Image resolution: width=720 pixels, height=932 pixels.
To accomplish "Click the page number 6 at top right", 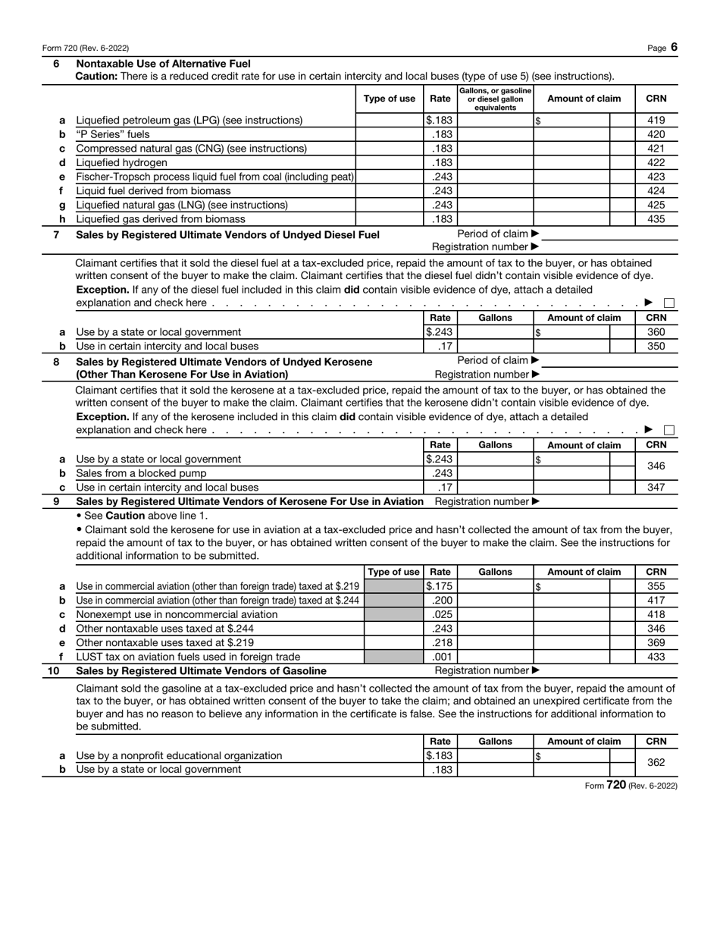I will point(673,47).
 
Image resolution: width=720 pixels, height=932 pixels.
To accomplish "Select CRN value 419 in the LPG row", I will point(656,120).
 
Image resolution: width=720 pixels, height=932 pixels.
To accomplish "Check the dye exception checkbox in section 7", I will point(669,303).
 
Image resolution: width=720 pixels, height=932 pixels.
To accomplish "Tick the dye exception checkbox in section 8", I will point(669,431).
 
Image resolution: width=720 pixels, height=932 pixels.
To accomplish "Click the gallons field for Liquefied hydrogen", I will point(496,162).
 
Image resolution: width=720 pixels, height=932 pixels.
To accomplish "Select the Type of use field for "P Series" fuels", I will point(389,134).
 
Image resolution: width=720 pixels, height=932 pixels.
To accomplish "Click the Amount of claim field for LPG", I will point(572,120).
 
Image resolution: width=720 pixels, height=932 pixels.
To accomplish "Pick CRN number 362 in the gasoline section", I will point(656,762).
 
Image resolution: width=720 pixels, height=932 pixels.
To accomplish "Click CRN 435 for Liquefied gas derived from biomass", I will point(656,219).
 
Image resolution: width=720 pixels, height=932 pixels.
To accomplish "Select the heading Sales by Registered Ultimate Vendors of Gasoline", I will point(202,670).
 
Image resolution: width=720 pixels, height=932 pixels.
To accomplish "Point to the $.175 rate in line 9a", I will point(440,586).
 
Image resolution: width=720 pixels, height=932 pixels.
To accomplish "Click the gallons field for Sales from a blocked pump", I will point(496,473).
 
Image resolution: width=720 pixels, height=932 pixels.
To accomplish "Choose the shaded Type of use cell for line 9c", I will point(393,614).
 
